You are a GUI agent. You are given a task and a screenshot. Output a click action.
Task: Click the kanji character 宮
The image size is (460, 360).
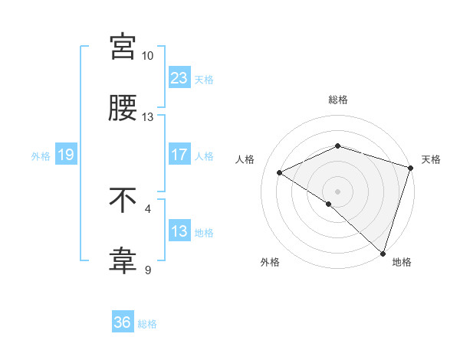point(123,47)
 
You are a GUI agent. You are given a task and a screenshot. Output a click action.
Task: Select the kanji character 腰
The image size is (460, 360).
point(123,108)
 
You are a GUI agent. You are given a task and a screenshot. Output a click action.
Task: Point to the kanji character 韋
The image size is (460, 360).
point(123,261)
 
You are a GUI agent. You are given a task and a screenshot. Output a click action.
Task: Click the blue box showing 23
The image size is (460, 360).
point(179,77)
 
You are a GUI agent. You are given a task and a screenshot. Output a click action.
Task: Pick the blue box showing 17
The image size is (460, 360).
point(179,155)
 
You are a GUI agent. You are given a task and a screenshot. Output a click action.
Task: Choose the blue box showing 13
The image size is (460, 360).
point(179,231)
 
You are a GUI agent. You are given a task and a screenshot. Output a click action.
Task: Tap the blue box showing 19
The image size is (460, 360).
point(65,155)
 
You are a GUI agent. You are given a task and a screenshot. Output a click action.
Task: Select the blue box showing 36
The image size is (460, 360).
point(123,322)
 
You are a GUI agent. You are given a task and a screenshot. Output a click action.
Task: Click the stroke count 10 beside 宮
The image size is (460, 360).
point(147,56)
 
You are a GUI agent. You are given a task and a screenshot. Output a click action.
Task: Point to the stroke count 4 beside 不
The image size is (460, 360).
point(148,208)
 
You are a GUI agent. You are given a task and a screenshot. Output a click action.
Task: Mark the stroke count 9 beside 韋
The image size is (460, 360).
point(147,270)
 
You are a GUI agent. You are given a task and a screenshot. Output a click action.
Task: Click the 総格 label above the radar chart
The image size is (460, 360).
point(338,100)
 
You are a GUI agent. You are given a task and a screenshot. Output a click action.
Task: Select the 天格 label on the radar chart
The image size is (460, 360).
point(431,159)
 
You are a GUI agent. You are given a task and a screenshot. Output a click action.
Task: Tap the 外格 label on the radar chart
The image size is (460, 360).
point(270,262)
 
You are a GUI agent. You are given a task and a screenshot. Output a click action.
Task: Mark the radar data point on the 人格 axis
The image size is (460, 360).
point(280,172)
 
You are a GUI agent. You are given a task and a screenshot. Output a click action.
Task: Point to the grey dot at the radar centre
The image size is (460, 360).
point(337,191)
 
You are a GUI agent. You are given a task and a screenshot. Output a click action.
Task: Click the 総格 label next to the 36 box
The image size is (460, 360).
point(147,324)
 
